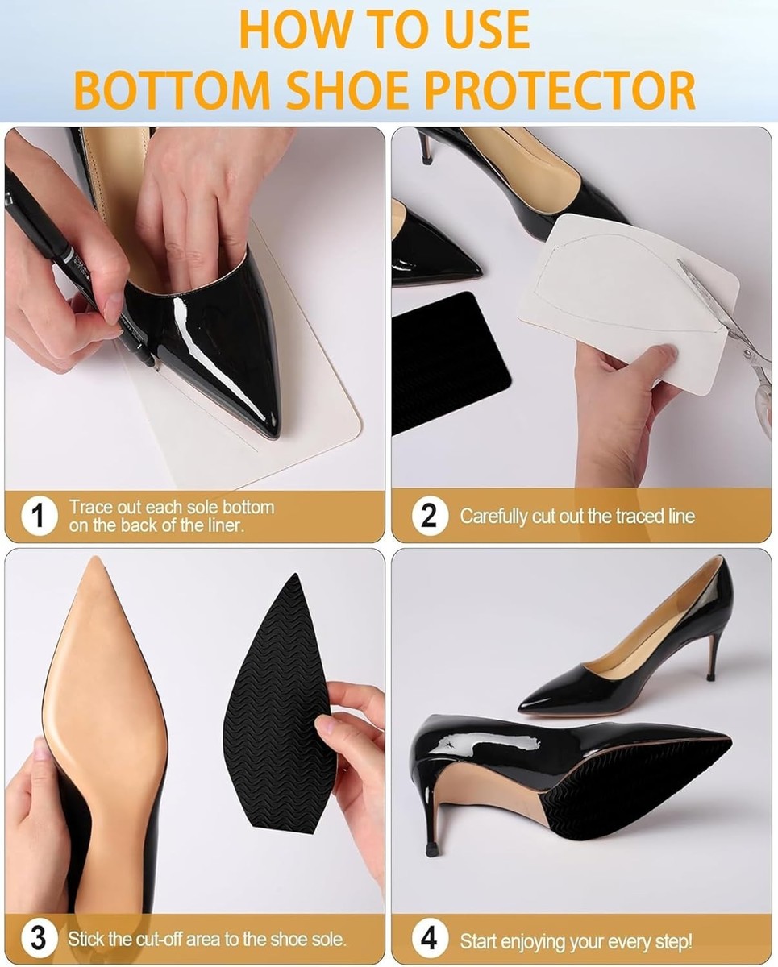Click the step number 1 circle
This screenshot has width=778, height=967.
tap(40, 516)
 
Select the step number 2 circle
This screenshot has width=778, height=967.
tap(430, 516)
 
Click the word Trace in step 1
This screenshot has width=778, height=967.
tap(90, 508)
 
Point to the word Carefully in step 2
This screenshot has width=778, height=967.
tap(493, 517)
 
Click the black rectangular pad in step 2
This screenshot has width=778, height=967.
tap(450, 363)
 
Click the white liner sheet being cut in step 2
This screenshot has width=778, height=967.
tap(630, 301)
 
